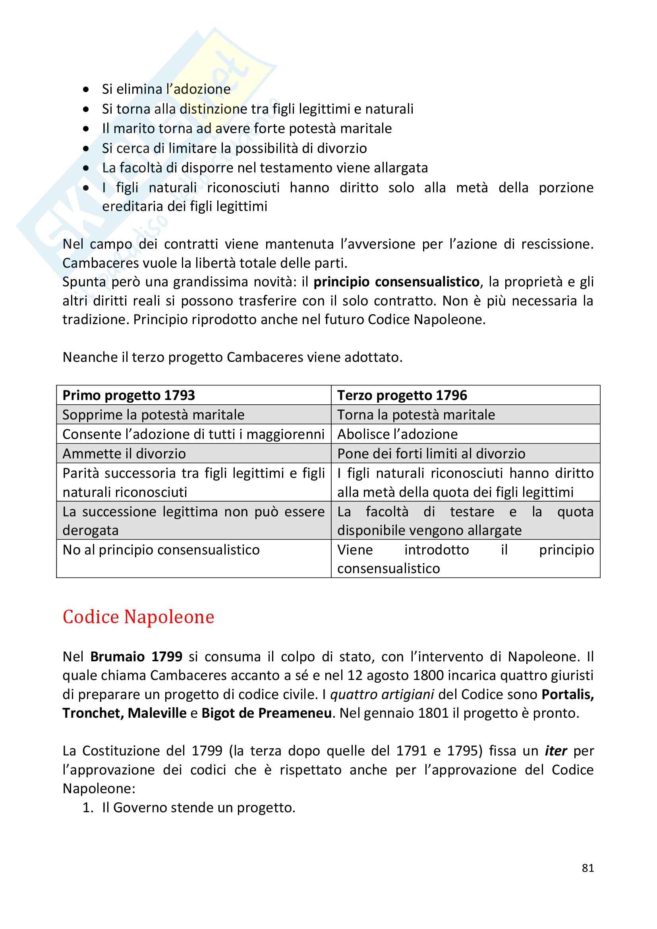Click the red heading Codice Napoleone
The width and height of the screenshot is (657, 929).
pos(138,617)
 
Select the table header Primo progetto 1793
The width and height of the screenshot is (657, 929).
pos(129,395)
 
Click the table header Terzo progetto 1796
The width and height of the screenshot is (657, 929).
pos(402,395)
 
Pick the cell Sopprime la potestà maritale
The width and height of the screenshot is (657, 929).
pos(153,415)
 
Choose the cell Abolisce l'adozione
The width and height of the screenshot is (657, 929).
pos(397,434)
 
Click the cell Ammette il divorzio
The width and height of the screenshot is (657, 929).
pos(124,454)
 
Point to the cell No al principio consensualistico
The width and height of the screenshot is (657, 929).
pos(161,550)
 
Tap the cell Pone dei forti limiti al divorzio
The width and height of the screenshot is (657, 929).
pos(431,454)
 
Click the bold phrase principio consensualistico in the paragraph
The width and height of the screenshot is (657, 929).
pos(396,282)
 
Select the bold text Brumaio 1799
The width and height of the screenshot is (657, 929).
pos(136,656)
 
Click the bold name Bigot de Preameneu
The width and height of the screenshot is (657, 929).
pos(267,713)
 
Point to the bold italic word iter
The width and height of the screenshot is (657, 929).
pos(556,751)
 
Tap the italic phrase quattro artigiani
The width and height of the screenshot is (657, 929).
pos(382,694)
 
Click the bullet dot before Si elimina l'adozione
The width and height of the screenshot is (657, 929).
pos(86,89)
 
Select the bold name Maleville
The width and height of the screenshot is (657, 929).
pos(157,713)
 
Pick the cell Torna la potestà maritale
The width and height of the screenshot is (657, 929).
pos(416,415)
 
